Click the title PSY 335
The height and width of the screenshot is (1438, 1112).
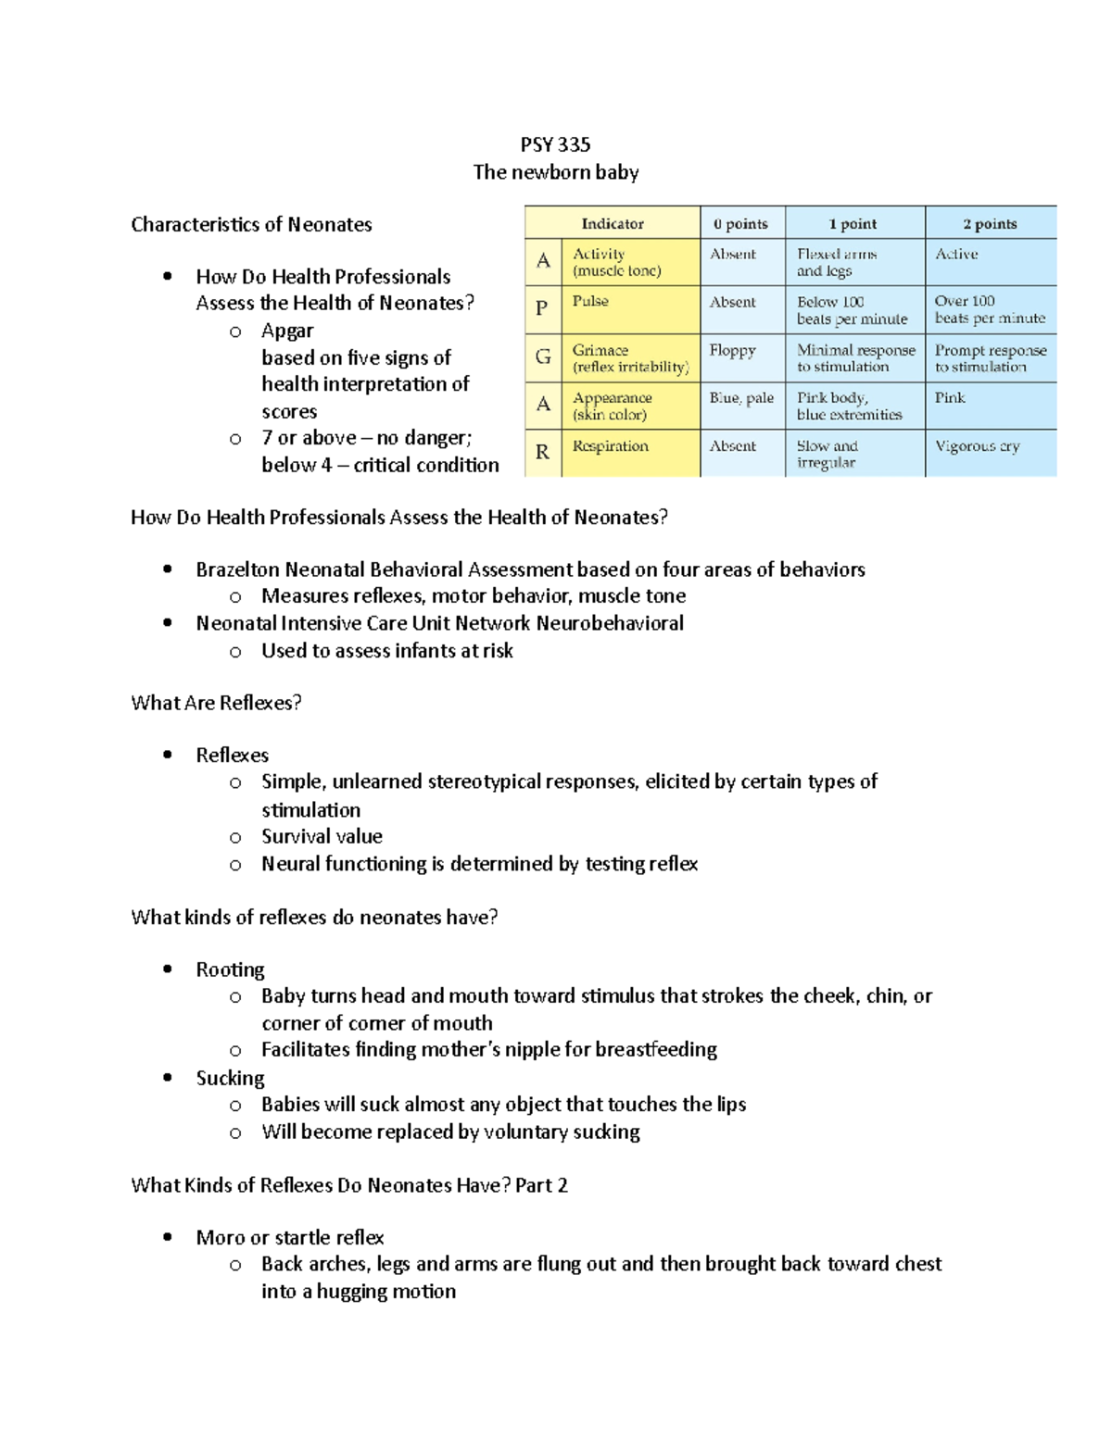[x=555, y=144]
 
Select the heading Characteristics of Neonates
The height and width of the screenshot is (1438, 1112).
[x=251, y=224]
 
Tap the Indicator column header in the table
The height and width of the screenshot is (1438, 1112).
[x=612, y=223]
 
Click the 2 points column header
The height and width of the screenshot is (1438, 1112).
[x=990, y=223]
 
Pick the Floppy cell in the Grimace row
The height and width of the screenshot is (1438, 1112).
[x=732, y=350]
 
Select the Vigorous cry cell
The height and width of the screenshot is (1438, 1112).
[x=977, y=446]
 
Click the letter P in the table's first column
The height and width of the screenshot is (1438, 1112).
[x=542, y=308]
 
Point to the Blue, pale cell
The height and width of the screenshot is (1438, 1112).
[x=741, y=398]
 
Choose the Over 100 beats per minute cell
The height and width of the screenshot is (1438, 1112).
[x=989, y=309]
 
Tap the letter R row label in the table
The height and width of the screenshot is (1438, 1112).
[x=542, y=452]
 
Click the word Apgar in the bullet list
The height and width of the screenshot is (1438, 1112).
[x=287, y=331]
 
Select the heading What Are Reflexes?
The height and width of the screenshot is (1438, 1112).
[x=216, y=703]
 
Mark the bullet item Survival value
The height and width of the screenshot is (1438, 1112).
[x=322, y=836]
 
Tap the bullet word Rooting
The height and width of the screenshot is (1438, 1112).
[x=230, y=969]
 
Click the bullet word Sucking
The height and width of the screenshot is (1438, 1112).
[x=230, y=1078]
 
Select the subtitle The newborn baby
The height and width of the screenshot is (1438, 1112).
[x=555, y=172]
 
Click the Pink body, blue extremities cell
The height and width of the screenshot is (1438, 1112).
[x=849, y=406]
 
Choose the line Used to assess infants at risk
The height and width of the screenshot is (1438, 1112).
[x=386, y=651]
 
